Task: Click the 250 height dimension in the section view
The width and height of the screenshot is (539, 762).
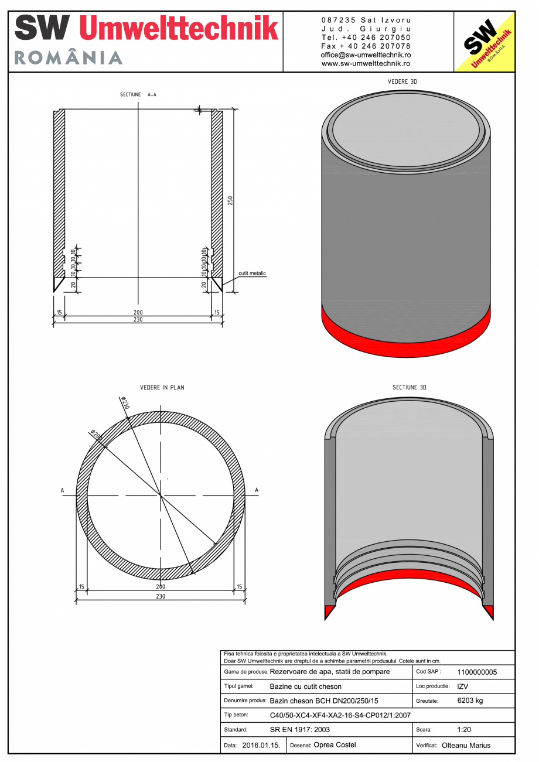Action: coord(230,200)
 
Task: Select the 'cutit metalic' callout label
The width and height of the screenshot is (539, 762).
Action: coord(252,274)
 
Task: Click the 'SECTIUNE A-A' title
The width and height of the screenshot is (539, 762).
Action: coord(138,94)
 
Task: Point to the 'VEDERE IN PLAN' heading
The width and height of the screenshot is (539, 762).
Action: coord(162,388)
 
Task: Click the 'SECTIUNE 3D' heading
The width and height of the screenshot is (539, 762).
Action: coord(409,388)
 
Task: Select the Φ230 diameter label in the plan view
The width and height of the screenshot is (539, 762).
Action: coord(125,402)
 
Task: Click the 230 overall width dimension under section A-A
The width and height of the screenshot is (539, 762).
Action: coord(138,320)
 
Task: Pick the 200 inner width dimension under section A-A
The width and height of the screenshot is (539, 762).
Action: coord(138,313)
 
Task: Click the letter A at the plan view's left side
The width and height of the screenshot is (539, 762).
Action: coord(62,490)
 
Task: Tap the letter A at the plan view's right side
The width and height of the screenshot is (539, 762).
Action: coord(257,490)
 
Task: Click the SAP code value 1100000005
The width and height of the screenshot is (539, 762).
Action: coord(476,672)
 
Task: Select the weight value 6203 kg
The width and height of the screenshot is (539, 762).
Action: coord(469,701)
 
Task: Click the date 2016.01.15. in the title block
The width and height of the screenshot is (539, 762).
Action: coord(261,746)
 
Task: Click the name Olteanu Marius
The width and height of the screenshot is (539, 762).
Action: coord(466,746)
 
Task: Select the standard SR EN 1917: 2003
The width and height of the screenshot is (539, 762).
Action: coord(300,730)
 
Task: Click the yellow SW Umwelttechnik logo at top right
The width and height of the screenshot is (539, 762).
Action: coord(485,42)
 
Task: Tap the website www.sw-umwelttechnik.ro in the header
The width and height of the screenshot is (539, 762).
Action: coord(366,63)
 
